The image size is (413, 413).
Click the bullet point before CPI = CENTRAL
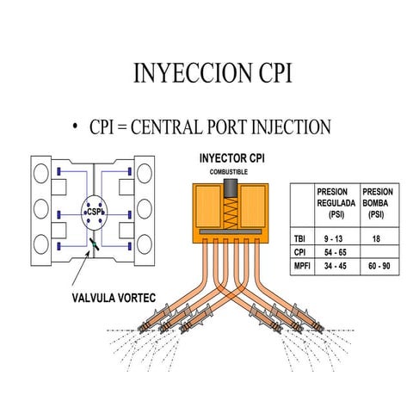(76, 127)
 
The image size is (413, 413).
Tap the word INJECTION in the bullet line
(291, 127)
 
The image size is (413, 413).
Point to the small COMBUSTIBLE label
(228, 172)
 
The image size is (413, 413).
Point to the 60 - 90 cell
(378, 267)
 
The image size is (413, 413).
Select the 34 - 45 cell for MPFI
(335, 267)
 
